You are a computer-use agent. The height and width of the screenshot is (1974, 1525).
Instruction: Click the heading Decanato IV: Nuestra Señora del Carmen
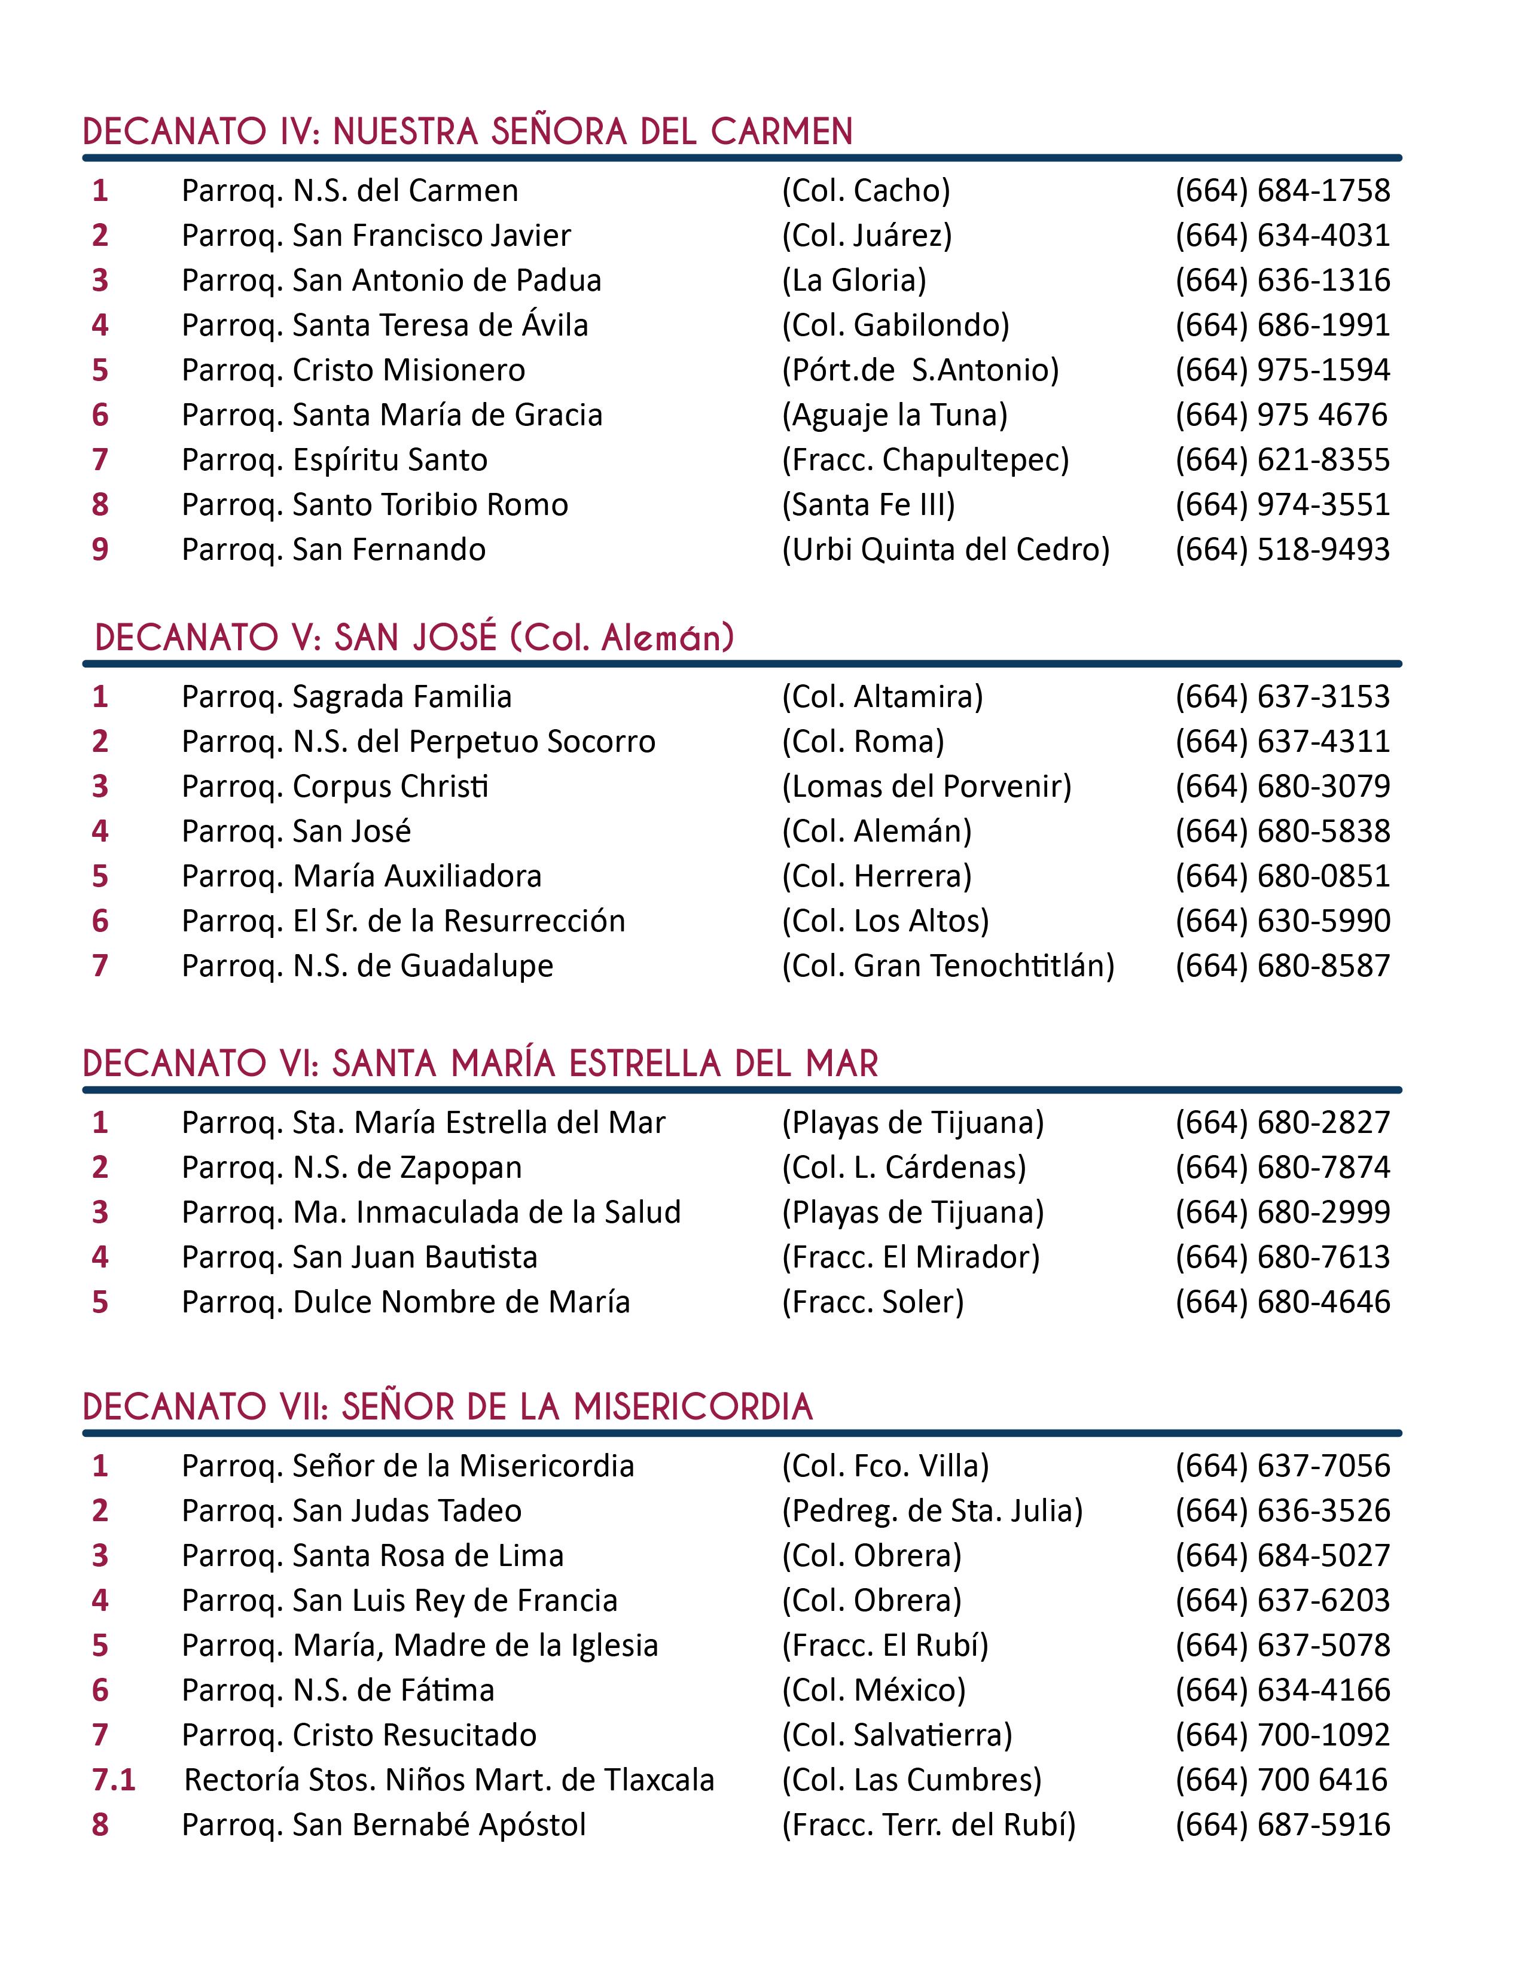467,132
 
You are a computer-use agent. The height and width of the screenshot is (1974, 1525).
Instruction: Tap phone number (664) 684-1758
1282,191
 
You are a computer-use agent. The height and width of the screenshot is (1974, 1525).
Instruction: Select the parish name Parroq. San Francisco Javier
376,236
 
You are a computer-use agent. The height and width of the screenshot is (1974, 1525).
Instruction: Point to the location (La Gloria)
854,280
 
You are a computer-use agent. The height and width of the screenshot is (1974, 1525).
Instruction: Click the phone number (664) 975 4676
1280,415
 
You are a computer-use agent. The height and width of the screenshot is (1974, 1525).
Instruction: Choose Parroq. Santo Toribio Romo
375,504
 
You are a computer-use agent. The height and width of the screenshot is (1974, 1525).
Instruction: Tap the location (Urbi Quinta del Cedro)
945,550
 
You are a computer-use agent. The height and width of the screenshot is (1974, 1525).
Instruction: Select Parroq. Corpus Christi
335,787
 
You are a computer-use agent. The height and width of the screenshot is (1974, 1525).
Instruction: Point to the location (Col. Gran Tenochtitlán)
948,966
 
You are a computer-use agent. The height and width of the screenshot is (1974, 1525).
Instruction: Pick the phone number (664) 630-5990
1282,921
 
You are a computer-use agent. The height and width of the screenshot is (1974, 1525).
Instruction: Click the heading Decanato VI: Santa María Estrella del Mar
480,1064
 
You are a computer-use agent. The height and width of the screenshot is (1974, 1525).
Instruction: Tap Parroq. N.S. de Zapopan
352,1168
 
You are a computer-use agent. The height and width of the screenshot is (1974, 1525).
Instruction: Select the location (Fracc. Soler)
873,1302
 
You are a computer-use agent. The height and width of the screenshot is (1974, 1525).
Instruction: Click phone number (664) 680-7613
1282,1257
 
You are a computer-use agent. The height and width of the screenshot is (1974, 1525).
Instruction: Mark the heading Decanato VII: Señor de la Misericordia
447,1408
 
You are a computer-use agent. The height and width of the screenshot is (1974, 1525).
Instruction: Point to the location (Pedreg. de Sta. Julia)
931,1510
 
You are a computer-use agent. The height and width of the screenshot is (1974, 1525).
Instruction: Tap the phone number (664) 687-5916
1282,1825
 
